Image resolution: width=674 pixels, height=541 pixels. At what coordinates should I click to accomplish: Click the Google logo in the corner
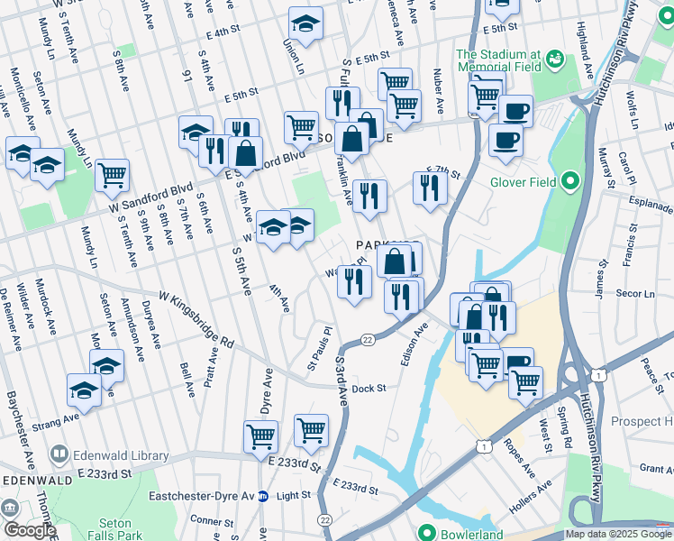pyautogui.click(x=29, y=529)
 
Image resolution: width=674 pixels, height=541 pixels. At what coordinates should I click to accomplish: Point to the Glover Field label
pyautogui.click(x=528, y=183)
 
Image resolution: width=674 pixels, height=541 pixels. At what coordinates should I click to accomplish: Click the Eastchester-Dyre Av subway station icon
pyautogui.click(x=263, y=495)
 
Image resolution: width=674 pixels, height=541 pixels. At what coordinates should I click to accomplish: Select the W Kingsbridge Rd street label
pyautogui.click(x=196, y=319)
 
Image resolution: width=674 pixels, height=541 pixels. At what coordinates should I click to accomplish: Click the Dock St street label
pyautogui.click(x=369, y=389)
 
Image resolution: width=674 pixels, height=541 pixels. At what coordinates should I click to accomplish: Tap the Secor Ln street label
pyautogui.click(x=636, y=294)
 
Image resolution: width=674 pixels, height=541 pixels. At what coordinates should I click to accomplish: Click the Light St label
pyautogui.click(x=294, y=495)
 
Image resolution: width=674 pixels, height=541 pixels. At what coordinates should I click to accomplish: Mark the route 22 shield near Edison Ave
pyautogui.click(x=368, y=339)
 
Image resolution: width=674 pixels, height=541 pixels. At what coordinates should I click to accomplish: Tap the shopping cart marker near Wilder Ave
pyautogui.click(x=112, y=176)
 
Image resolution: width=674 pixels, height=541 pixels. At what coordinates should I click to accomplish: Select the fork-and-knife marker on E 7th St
pyautogui.click(x=430, y=188)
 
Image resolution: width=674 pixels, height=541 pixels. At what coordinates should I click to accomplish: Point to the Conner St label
pyautogui.click(x=212, y=520)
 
